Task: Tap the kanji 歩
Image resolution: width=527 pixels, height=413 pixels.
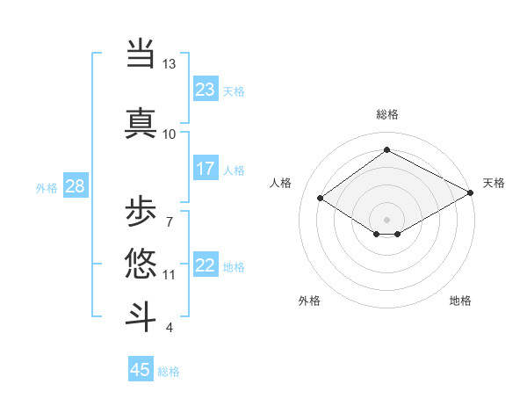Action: click(141, 212)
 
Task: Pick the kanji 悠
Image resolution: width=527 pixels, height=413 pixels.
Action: click(141, 264)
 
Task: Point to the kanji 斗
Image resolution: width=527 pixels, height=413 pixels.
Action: click(141, 315)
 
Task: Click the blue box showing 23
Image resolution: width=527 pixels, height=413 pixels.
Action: click(206, 90)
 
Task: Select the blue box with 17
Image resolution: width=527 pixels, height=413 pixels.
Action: click(206, 169)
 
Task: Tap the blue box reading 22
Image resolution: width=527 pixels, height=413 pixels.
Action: click(206, 265)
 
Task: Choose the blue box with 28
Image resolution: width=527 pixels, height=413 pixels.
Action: click(75, 186)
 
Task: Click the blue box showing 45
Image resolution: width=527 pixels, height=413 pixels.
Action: click(141, 370)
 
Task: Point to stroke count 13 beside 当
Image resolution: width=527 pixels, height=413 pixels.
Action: click(169, 64)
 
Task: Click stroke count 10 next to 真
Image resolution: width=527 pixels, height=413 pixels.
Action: click(169, 134)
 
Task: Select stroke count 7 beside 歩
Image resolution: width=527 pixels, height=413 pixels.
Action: click(169, 221)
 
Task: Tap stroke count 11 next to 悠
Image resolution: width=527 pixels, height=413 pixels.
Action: click(169, 275)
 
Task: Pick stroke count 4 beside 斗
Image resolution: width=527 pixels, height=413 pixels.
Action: click(169, 328)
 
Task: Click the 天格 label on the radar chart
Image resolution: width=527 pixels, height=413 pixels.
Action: click(494, 184)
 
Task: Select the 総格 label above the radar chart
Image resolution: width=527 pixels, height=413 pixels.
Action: click(387, 114)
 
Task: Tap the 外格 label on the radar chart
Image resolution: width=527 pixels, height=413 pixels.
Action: click(308, 301)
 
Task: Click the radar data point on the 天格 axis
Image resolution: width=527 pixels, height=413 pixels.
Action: click(472, 193)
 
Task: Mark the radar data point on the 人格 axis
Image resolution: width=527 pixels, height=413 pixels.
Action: click(321, 199)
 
